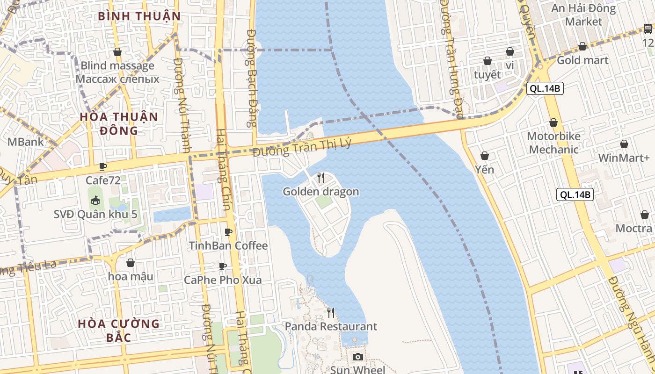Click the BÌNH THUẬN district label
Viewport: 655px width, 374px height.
(x=139, y=16)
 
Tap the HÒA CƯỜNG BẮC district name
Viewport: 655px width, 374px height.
(x=118, y=330)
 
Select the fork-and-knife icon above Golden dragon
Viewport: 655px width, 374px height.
(x=321, y=177)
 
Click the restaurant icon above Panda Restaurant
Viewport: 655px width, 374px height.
(x=331, y=312)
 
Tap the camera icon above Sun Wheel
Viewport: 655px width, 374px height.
(x=357, y=357)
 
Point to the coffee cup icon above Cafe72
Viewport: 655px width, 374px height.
(x=103, y=166)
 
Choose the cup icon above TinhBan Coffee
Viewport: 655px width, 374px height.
(x=228, y=232)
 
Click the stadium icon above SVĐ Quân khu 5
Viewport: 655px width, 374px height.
(x=95, y=201)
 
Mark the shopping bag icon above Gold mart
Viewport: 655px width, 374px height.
(x=582, y=46)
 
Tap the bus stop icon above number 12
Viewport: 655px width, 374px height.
(x=648, y=29)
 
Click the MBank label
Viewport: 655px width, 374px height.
(x=25, y=142)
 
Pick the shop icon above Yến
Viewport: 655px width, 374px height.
(x=485, y=156)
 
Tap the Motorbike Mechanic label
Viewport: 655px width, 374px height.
(x=553, y=143)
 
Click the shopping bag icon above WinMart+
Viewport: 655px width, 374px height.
(x=624, y=144)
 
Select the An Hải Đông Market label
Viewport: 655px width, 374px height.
(x=583, y=15)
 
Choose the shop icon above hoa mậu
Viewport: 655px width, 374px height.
(x=131, y=263)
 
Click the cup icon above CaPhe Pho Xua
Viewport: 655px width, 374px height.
(x=223, y=266)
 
